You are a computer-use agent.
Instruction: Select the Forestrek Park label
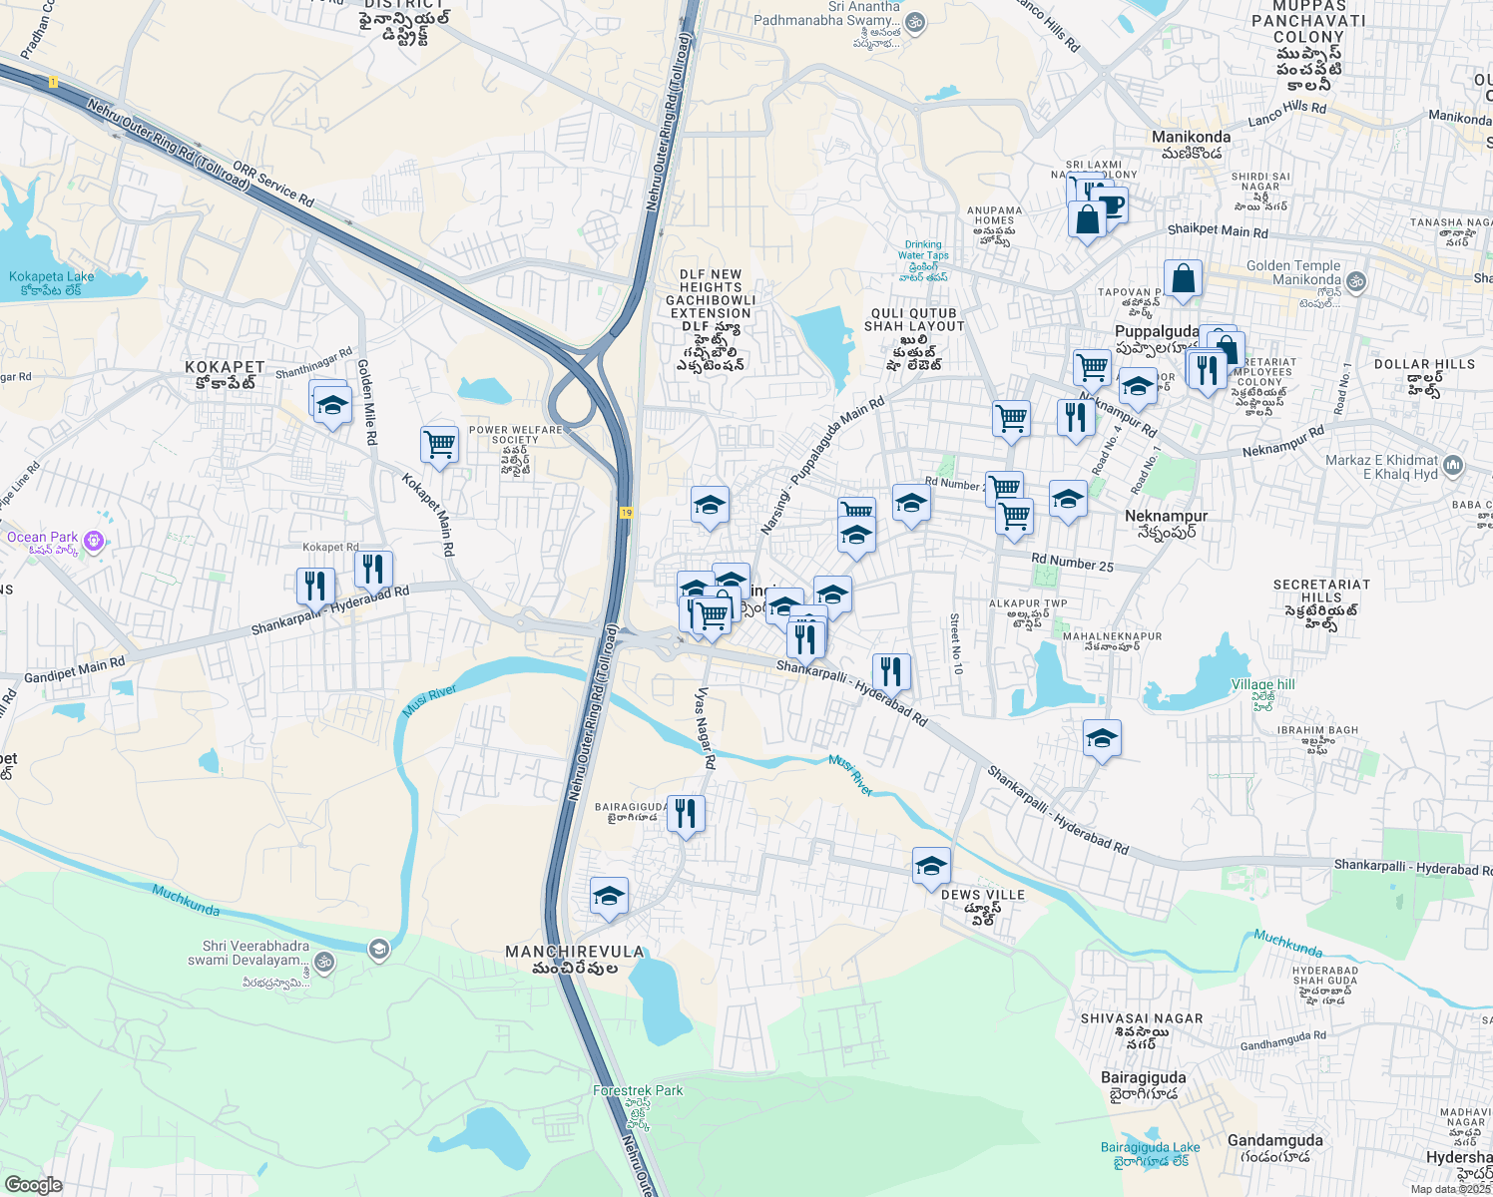pyautogui.click(x=638, y=1091)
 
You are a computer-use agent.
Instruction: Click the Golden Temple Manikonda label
pyautogui.click(x=1293, y=272)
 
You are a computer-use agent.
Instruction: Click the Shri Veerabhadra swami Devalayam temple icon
pyautogui.click(x=323, y=963)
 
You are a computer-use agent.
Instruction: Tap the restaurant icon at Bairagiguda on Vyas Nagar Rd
pyautogui.click(x=685, y=814)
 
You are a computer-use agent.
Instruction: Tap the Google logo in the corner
pyautogui.click(x=33, y=1185)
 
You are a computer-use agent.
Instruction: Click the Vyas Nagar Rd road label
pyautogui.click(x=706, y=727)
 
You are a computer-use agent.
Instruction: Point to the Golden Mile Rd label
pyautogui.click(x=366, y=402)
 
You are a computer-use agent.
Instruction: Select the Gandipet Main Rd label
pyautogui.click(x=75, y=669)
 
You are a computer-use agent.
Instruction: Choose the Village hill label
pyautogui.click(x=1262, y=684)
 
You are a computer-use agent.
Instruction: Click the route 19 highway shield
pyautogui.click(x=626, y=512)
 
